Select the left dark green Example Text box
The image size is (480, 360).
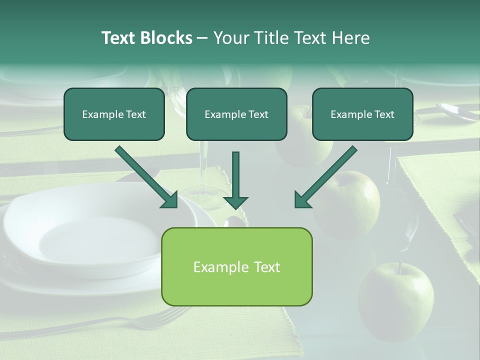point(114,114)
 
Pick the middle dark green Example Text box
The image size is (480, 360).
point(236,114)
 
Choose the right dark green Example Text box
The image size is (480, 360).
point(362,114)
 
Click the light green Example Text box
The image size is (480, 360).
point(236,267)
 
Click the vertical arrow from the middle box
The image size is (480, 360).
point(235,180)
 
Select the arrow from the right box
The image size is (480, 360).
point(325,177)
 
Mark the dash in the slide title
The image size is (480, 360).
point(202,38)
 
